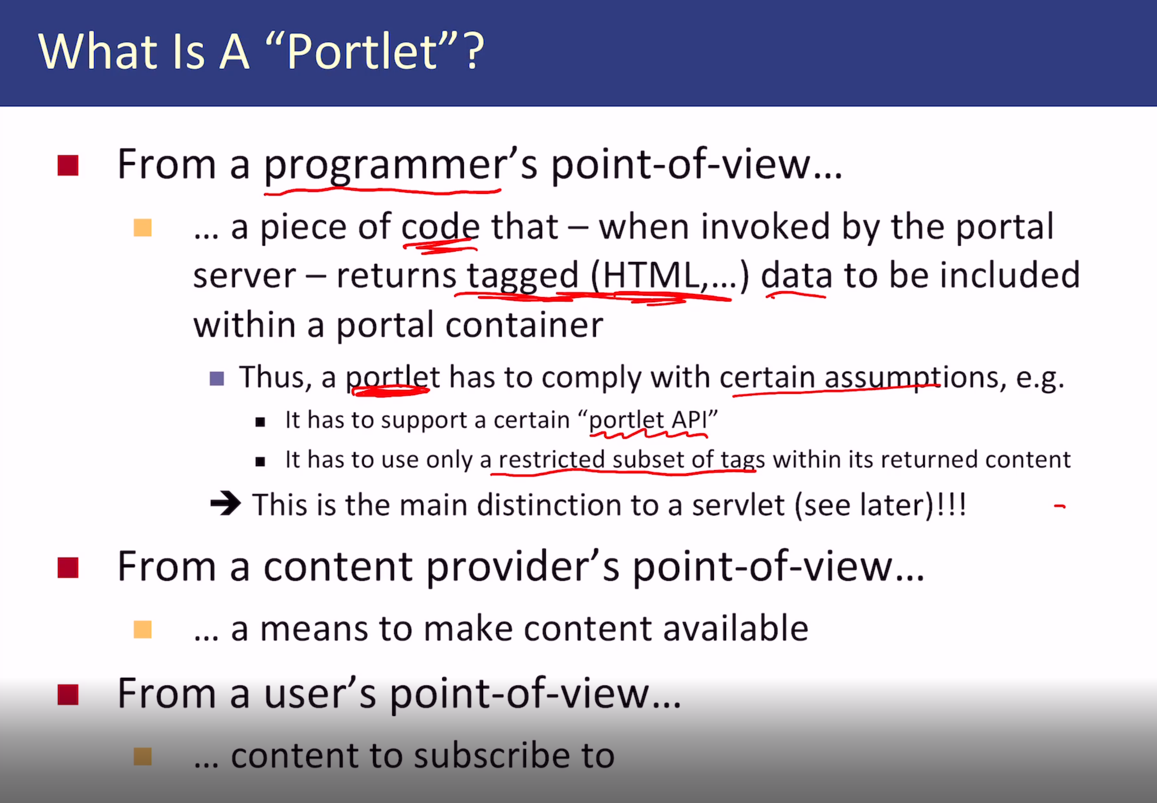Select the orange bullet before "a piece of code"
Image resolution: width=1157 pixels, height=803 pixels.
point(142,227)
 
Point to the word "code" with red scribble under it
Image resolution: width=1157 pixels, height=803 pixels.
point(440,227)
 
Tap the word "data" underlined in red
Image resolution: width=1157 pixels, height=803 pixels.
point(796,276)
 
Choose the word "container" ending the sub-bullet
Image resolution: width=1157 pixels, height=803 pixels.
point(524,325)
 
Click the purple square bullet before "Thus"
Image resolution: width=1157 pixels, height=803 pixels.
point(217,378)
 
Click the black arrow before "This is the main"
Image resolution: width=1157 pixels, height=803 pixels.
point(226,503)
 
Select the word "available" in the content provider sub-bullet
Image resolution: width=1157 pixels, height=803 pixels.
point(736,629)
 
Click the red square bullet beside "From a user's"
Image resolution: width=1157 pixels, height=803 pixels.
point(68,695)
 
